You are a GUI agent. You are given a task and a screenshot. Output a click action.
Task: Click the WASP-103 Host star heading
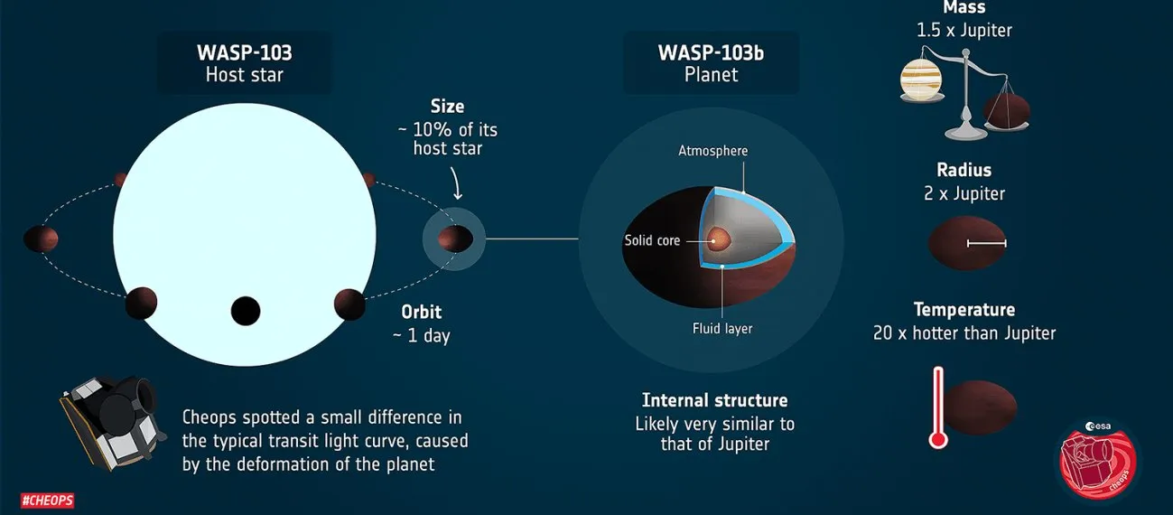tap(244, 63)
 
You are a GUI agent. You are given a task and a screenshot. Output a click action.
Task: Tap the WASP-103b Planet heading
tap(711, 63)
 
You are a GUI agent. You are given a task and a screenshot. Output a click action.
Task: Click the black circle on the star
tap(246, 311)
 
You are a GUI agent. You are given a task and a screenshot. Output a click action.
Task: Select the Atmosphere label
tap(712, 151)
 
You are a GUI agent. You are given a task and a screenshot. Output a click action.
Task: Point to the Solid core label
tap(652, 240)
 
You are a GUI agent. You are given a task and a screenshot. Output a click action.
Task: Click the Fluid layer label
tap(722, 329)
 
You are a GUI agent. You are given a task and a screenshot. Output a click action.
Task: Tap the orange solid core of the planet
tap(719, 239)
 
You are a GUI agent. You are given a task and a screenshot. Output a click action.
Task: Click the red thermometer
tap(938, 407)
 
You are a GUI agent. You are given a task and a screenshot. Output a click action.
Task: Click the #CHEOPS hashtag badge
tap(47, 501)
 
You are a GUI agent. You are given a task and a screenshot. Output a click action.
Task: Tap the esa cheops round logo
tap(1097, 460)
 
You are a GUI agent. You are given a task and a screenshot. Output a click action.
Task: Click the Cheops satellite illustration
tap(112, 422)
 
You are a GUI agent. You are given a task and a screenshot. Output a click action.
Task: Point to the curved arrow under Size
tap(456, 183)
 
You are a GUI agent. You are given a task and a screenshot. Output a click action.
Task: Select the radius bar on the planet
tap(987, 243)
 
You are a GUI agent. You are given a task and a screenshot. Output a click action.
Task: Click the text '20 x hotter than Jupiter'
tap(964, 333)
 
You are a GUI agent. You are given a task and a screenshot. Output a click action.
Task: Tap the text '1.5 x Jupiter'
tap(964, 31)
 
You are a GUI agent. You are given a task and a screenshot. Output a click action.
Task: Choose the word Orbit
tap(421, 313)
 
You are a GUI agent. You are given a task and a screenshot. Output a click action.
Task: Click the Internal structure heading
tap(715, 400)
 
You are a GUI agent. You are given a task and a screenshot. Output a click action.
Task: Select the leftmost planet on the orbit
tap(41, 239)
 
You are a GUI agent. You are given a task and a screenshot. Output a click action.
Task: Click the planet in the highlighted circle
tap(455, 239)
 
